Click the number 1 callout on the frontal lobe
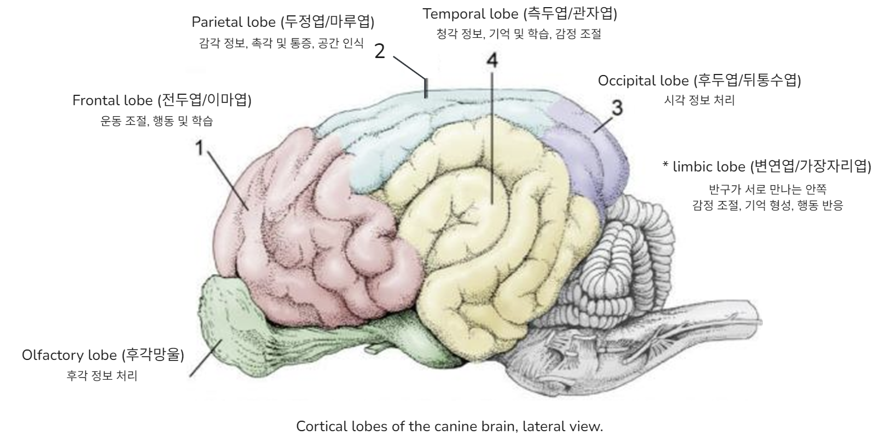pyautogui.click(x=200, y=147)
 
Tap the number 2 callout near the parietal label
pyautogui.click(x=381, y=52)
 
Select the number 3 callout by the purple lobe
pyautogui.click(x=617, y=108)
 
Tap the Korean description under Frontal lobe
pyautogui.click(x=157, y=121)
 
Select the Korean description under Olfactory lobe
pyautogui.click(x=102, y=376)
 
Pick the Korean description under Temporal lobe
pyautogui.click(x=519, y=34)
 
